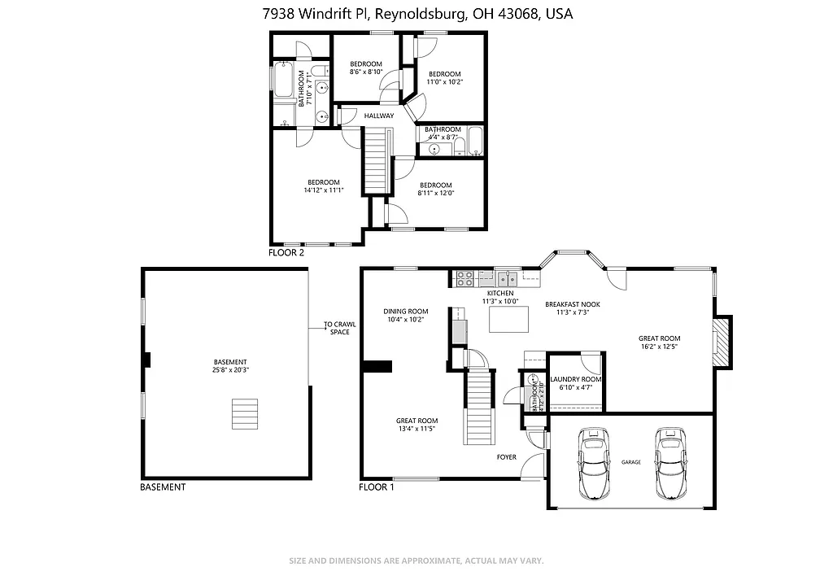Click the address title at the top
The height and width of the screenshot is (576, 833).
tap(416, 14)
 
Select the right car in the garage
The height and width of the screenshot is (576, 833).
tap(670, 465)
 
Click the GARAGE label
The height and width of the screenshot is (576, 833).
tap(631, 462)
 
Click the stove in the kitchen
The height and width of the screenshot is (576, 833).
tap(464, 279)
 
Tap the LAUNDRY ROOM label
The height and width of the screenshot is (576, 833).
tap(576, 380)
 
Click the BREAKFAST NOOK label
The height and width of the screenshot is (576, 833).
tap(573, 304)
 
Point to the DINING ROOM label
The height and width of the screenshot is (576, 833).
tap(406, 311)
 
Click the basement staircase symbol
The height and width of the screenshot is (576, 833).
tap(245, 413)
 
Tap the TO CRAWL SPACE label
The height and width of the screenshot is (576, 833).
tap(339, 329)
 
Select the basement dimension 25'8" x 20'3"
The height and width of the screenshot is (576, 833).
tap(230, 370)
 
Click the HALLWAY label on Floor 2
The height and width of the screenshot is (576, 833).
tap(379, 116)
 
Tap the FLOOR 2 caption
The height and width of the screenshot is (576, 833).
tap(286, 253)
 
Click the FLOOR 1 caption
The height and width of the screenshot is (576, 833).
tap(377, 487)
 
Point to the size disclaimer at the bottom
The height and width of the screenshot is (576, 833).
tap(416, 561)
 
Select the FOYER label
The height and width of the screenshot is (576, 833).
tap(507, 457)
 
